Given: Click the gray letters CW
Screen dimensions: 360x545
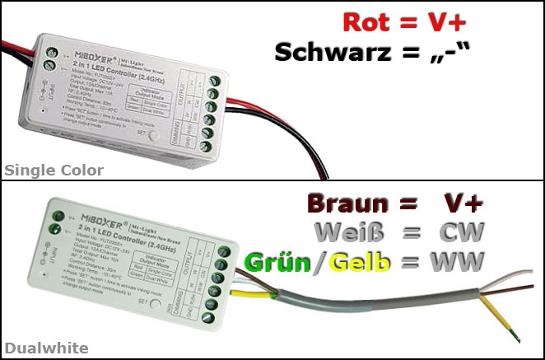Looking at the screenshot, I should (462, 231).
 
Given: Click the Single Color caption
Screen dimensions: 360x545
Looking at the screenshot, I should (54, 171).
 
